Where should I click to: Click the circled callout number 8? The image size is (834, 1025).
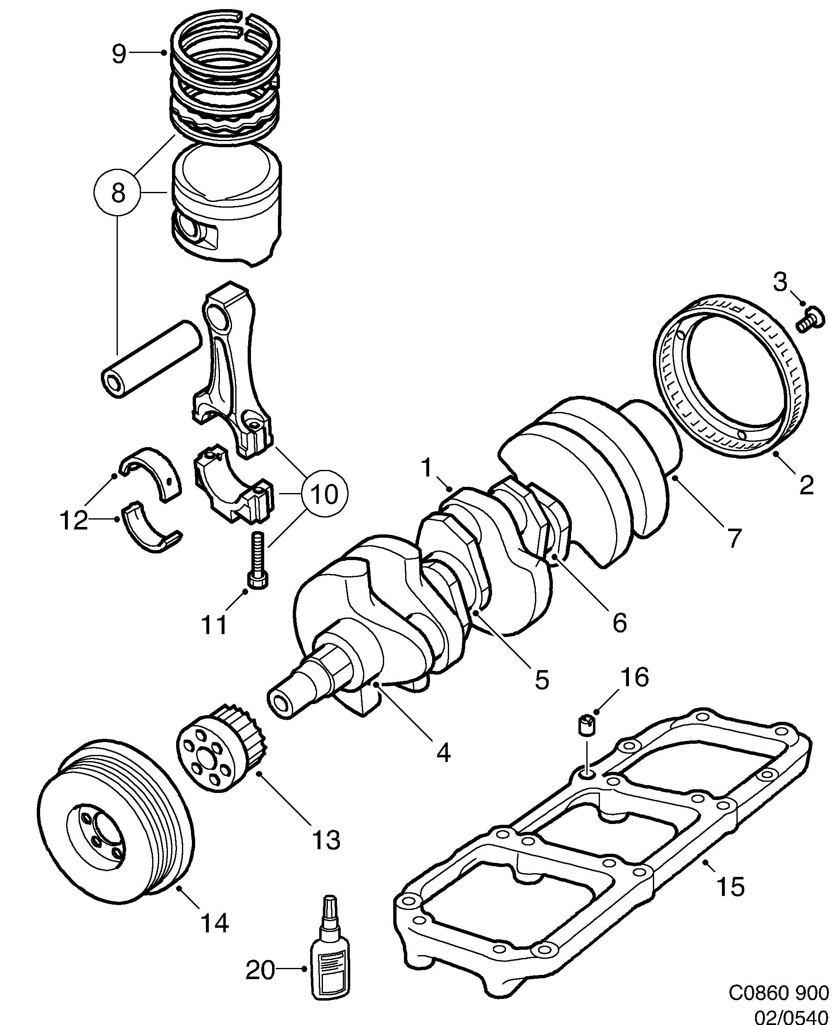118,194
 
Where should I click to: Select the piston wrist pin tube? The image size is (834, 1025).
151,359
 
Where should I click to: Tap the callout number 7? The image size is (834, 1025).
732,538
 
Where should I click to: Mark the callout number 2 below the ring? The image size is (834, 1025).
806,485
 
